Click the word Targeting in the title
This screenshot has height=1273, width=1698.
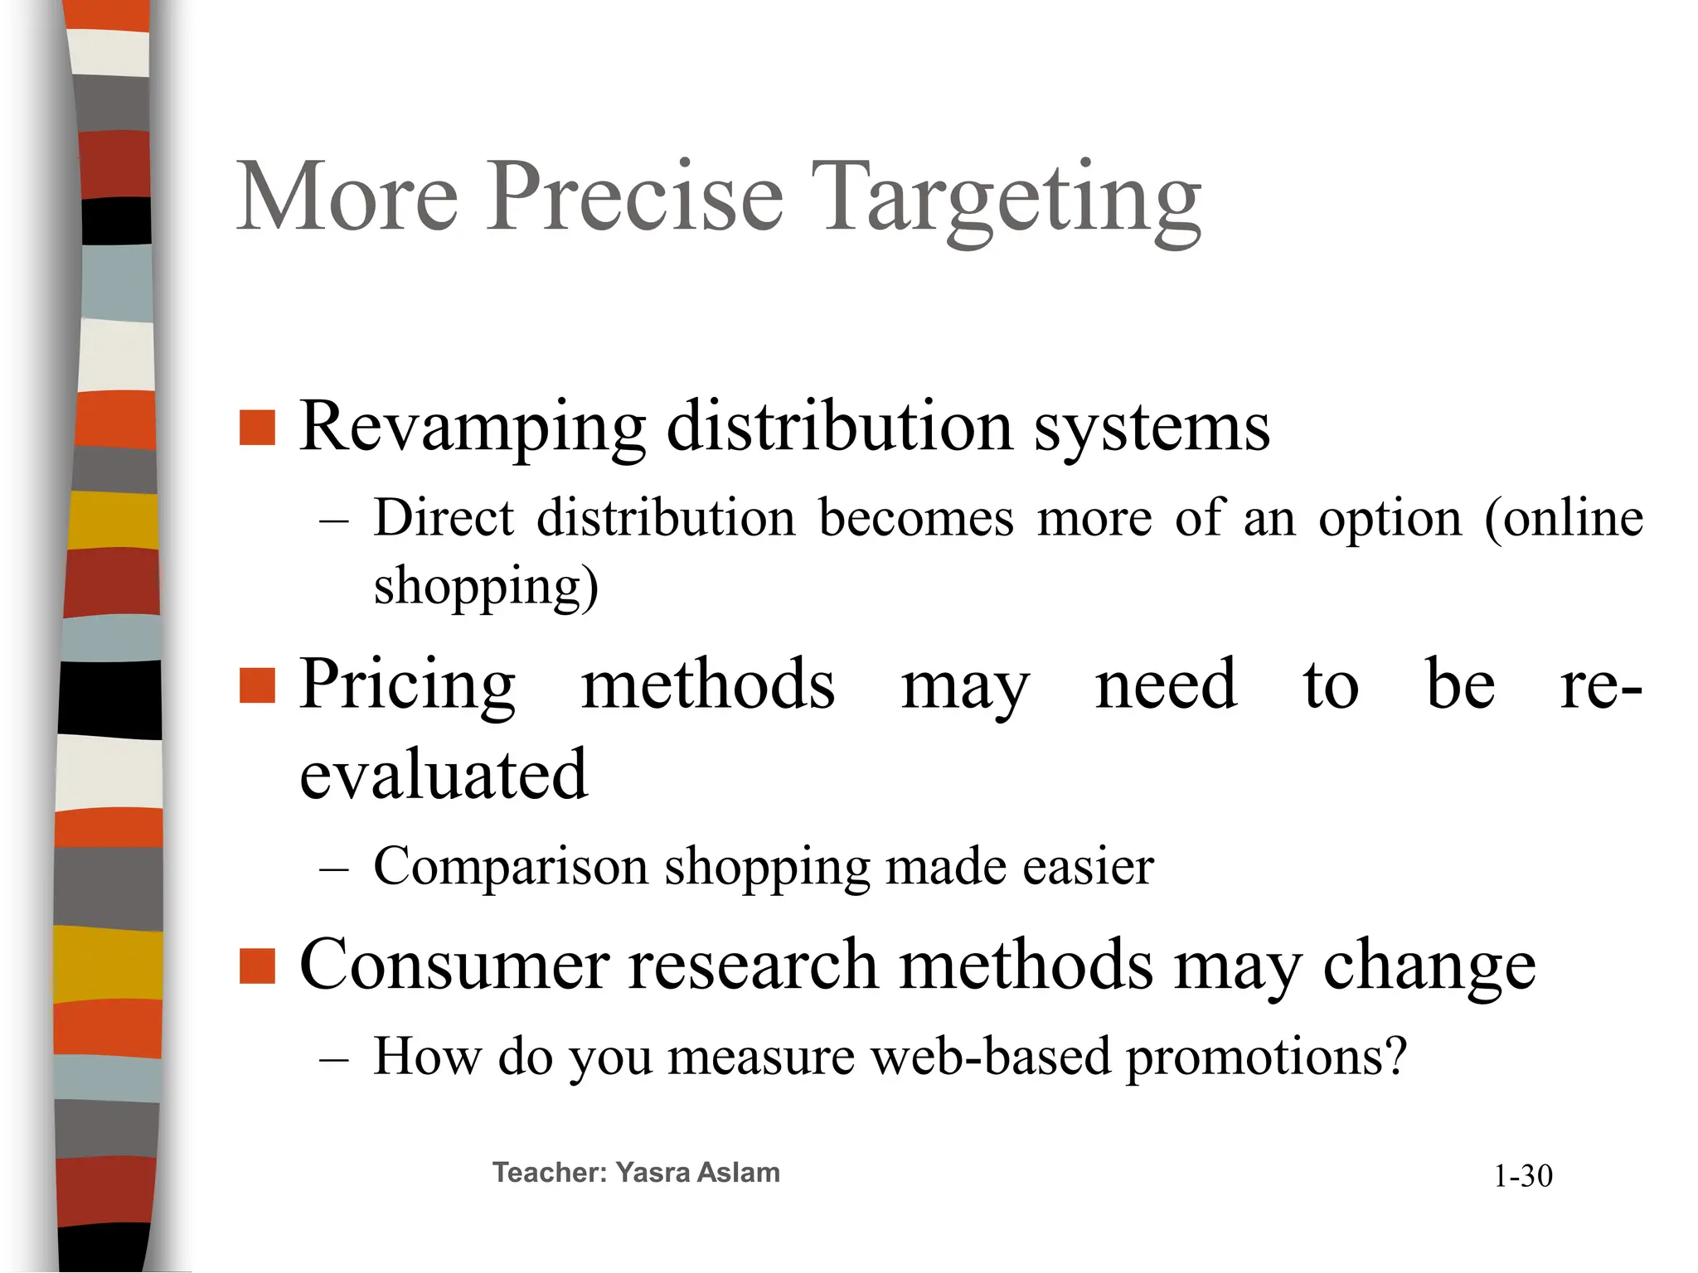tap(1005, 199)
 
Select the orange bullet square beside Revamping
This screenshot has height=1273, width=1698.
tap(257, 428)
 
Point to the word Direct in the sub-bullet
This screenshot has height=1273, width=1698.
tap(444, 518)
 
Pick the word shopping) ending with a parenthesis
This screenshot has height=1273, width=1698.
tap(486, 586)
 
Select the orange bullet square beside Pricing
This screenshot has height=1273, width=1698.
tap(257, 685)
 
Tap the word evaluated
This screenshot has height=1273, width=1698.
tap(444, 774)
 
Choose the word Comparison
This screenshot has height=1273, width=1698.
tap(511, 867)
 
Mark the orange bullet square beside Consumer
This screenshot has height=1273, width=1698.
tap(257, 966)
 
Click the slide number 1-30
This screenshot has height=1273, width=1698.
tap(1523, 1176)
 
